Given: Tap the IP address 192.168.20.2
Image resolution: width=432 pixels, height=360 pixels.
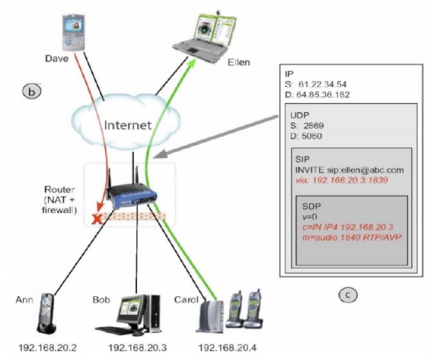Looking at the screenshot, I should pyautogui.click(x=47, y=348).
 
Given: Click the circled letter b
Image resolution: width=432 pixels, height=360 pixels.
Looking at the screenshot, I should pyautogui.click(x=32, y=91).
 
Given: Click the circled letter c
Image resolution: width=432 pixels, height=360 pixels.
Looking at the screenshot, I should pyautogui.click(x=349, y=295).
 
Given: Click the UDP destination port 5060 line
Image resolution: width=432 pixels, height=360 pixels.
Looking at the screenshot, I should pyautogui.click(x=312, y=137).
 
